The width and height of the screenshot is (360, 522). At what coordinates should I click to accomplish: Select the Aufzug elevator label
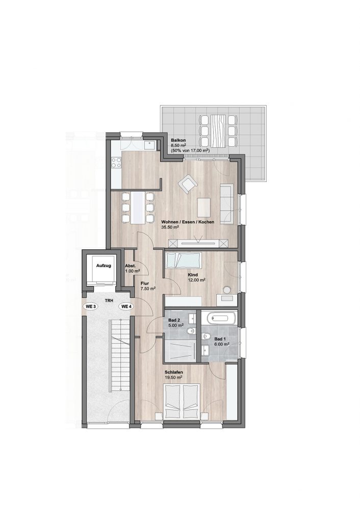[104, 266]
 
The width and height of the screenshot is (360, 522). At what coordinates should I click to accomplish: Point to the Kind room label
[193, 275]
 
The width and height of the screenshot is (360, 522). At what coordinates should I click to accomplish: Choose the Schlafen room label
[174, 373]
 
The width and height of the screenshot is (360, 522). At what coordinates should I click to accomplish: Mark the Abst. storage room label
[130, 266]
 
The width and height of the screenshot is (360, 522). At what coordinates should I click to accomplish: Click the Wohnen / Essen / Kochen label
[188, 222]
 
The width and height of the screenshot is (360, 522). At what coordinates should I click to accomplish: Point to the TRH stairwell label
[109, 301]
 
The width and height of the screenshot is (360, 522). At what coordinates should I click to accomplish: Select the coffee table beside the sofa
[204, 207]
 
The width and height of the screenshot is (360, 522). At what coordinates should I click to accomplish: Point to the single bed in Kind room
[184, 260]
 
